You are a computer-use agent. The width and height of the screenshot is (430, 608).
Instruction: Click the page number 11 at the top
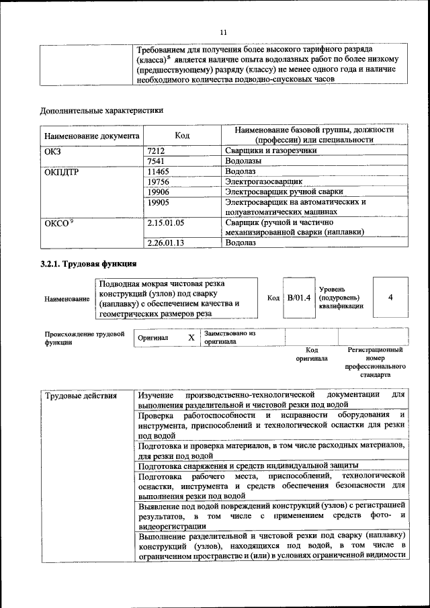coord(224,32)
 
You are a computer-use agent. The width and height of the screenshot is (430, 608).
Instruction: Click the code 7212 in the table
coord(156,151)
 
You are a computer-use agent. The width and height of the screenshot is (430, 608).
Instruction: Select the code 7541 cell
coord(156,162)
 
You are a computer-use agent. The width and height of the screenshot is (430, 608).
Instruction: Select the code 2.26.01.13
coord(165,243)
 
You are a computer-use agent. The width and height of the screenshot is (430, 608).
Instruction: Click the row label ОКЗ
coord(52,151)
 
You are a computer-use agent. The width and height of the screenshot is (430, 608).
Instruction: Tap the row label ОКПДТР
coord(61,172)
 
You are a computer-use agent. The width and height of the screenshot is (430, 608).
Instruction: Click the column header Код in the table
coord(182,135)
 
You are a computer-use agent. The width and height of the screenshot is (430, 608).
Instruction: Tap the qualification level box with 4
coord(390,298)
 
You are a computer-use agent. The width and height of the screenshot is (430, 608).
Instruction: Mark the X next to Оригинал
coord(191,337)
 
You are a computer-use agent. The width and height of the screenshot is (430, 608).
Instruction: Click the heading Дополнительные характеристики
coord(101,110)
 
